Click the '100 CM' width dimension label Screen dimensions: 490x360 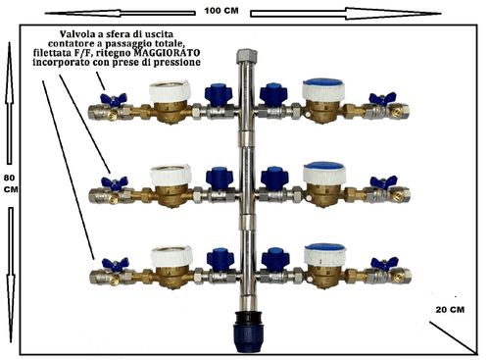[221, 11]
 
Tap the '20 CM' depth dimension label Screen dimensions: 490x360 [450, 310]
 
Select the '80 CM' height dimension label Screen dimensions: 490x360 [11, 183]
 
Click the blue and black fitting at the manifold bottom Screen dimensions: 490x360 [247, 332]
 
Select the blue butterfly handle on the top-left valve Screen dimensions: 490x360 [113, 99]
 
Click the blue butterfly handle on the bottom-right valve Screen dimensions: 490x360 [384, 263]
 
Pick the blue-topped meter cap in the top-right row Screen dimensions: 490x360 [323, 89]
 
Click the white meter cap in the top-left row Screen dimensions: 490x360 [170, 90]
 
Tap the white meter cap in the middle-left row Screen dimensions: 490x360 [171, 175]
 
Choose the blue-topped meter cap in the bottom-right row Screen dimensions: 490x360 [325, 254]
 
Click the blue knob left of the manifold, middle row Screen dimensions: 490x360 [220, 179]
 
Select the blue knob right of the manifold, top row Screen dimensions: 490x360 [273, 95]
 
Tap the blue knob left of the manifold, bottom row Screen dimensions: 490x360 [220, 260]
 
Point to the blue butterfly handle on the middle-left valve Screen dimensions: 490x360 [115, 182]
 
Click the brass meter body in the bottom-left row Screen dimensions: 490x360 [171, 277]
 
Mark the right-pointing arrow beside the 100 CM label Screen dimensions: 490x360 [346, 13]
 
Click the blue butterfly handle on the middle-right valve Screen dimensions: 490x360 [383, 181]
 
